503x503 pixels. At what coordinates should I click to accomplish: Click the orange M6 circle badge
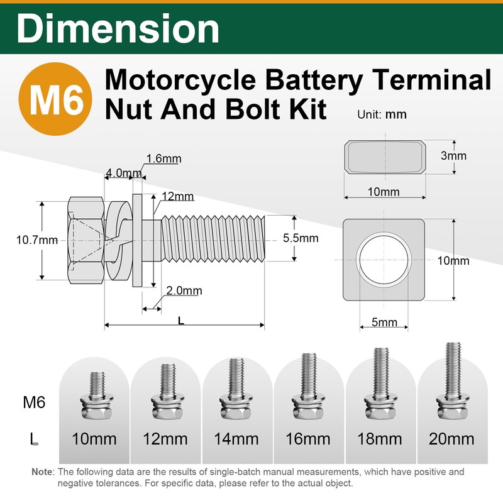[55, 99]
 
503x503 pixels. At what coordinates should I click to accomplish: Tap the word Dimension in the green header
[118, 28]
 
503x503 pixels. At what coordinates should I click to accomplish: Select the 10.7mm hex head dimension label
[37, 240]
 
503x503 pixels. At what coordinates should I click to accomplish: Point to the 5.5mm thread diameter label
[301, 238]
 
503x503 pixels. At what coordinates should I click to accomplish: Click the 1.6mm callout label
[164, 158]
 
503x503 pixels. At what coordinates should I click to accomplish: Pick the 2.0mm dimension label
[184, 290]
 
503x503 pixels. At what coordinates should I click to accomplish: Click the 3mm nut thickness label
[453, 155]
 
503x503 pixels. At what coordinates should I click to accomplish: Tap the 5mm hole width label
[384, 322]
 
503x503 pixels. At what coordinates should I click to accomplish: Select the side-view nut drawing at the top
[385, 157]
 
